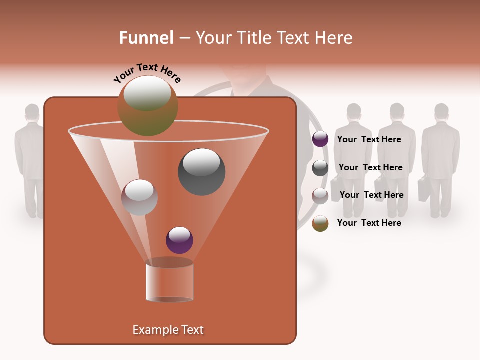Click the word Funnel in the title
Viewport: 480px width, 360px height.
click(146, 38)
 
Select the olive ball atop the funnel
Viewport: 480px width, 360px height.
click(147, 105)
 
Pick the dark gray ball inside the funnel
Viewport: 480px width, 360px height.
click(201, 171)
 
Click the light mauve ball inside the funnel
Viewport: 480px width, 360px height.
click(139, 197)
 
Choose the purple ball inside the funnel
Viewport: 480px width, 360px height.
click(179, 240)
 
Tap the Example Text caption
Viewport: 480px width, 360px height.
click(168, 330)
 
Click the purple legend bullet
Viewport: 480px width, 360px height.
click(320, 139)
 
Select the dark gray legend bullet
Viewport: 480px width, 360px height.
click(320, 168)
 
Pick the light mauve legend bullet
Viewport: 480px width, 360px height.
click(320, 196)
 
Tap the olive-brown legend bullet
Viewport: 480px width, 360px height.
click(320, 223)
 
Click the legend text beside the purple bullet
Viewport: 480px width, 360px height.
click(369, 139)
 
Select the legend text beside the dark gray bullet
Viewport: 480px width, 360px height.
click(370, 167)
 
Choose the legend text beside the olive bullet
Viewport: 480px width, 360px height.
click(369, 223)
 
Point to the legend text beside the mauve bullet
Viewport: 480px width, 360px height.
click(371, 195)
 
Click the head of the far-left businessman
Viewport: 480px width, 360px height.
click(32, 113)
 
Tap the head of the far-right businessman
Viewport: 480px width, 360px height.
click(441, 112)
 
